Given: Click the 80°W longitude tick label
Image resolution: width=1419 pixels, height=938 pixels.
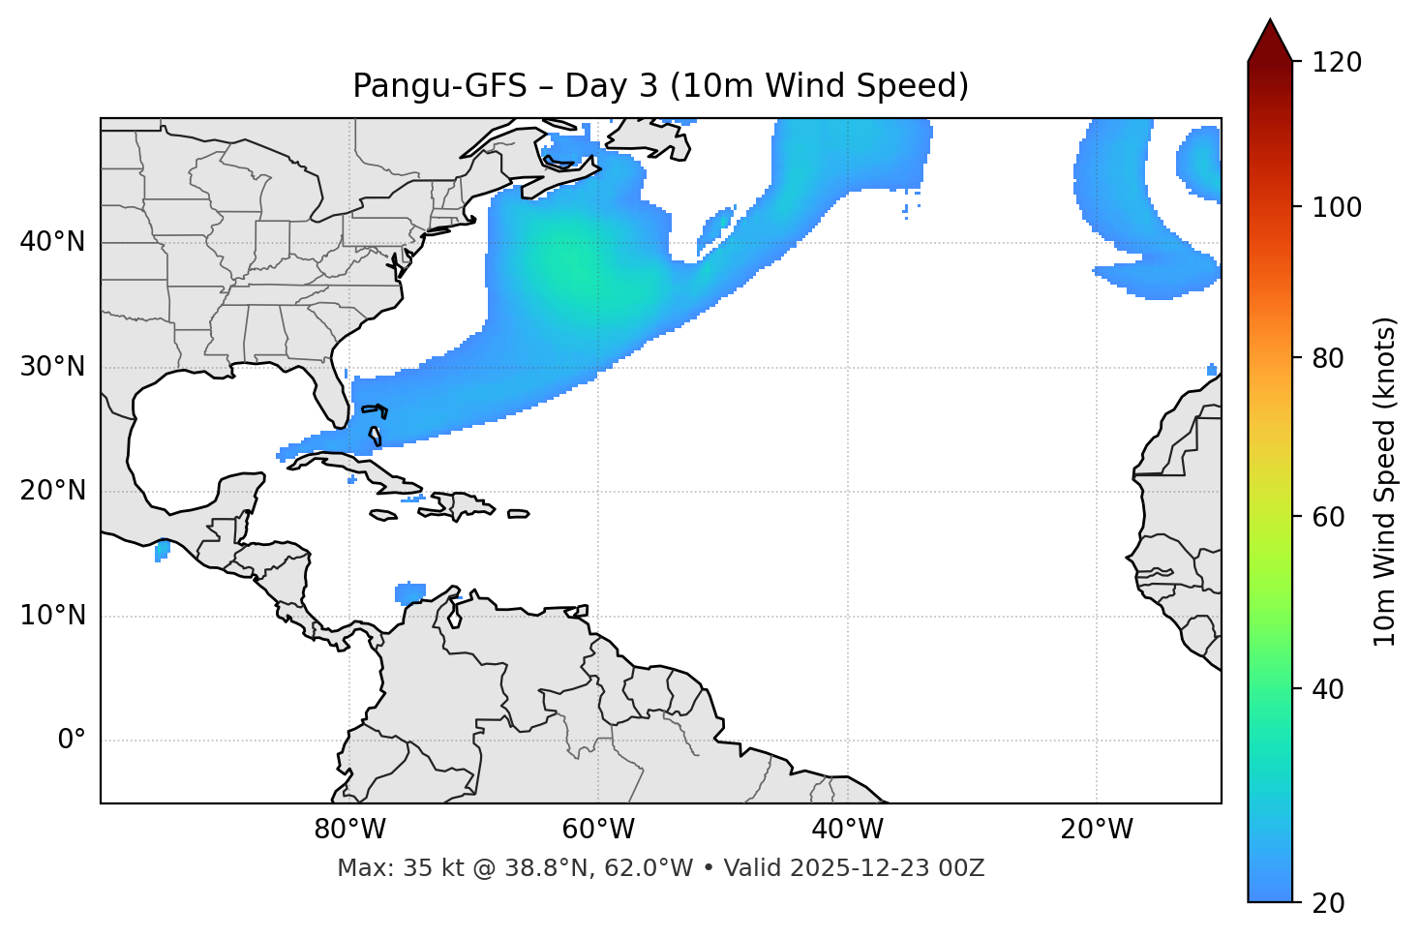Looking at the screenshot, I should [x=349, y=830].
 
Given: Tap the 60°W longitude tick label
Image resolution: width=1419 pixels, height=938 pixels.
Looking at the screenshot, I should [x=598, y=830].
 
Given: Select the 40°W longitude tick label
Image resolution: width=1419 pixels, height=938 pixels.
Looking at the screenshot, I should [x=847, y=830].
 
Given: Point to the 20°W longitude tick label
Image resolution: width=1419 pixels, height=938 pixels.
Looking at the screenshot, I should [x=1097, y=830].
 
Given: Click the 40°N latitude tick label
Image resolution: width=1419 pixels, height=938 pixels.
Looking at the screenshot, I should [x=52, y=242].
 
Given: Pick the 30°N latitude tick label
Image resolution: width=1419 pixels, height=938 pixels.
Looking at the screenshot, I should [x=52, y=367].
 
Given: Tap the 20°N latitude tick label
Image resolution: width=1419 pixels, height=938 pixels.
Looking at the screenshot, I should [x=52, y=491].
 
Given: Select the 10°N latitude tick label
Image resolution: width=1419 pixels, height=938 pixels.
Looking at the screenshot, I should [x=52, y=616].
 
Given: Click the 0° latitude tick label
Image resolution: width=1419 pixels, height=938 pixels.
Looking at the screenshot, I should [x=71, y=741].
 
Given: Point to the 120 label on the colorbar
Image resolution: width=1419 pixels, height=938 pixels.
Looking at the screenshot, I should [x=1337, y=63].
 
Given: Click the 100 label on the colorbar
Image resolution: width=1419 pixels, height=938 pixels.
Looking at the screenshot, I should [x=1337, y=207].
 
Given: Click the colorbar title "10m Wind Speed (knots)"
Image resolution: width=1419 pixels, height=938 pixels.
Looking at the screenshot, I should [x=1385, y=481].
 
